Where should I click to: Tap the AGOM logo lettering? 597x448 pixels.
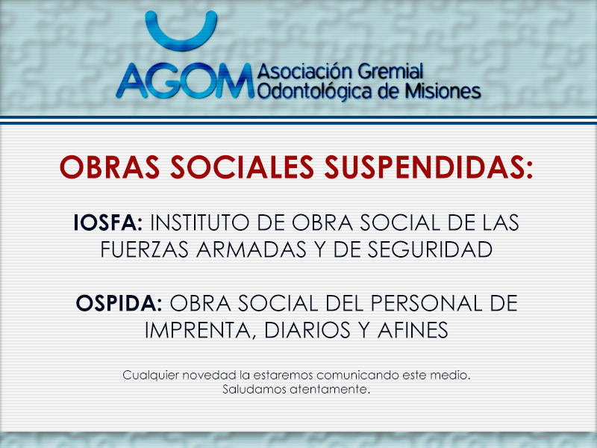click(x=185, y=81)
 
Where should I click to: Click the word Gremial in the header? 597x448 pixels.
click(x=390, y=72)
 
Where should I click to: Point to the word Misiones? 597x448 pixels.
click(x=443, y=91)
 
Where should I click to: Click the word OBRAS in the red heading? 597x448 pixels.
click(x=110, y=167)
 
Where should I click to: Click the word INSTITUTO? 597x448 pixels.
click(x=200, y=223)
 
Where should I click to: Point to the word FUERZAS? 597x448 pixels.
click(x=145, y=249)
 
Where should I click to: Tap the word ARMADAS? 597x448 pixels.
click(x=251, y=249)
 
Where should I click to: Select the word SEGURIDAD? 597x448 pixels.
click(x=430, y=249)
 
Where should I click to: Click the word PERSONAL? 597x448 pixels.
click(x=426, y=303)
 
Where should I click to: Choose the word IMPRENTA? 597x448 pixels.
click(x=198, y=330)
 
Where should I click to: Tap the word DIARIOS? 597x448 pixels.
click(x=307, y=330)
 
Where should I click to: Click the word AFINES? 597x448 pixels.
click(x=413, y=330)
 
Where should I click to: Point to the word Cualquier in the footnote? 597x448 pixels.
click(x=151, y=376)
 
